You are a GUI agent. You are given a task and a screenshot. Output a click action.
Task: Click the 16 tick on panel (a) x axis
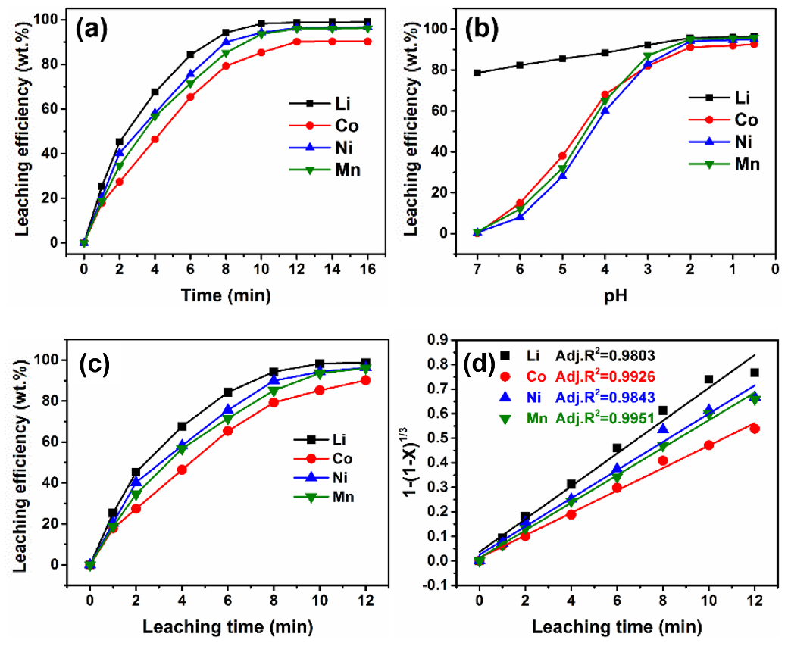[x=367, y=270]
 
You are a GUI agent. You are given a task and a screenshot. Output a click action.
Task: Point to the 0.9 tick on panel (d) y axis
[x=449, y=339]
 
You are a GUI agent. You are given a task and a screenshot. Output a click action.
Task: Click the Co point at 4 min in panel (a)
[x=155, y=139]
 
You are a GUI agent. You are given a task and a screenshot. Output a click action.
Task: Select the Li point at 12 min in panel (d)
[x=755, y=372]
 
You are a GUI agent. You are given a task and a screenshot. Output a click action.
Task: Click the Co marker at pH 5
[x=562, y=156]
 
